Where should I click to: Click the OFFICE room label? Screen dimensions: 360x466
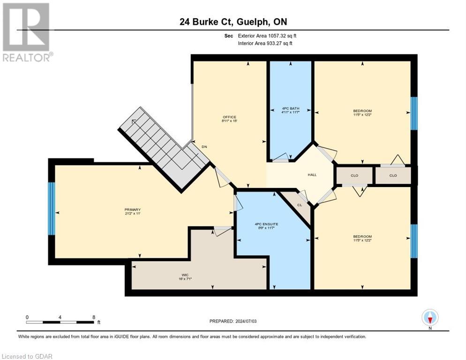point(229,117)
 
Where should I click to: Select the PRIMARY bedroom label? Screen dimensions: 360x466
point(132,210)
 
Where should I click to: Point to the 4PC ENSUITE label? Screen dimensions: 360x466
point(266,224)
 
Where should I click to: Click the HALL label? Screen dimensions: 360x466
point(312,175)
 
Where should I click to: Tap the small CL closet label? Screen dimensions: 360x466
point(299,205)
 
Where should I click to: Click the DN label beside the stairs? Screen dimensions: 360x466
point(204,147)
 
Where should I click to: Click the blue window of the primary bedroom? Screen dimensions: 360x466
point(52,209)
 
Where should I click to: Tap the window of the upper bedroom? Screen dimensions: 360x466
point(413,113)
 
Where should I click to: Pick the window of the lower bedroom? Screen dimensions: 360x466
point(413,241)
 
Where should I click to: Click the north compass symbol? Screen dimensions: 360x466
point(430,318)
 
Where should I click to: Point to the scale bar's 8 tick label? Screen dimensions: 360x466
point(94,317)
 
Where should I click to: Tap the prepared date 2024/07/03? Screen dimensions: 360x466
point(233,321)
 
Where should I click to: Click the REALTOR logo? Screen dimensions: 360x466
point(27,32)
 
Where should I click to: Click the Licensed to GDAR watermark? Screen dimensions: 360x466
point(27,356)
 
